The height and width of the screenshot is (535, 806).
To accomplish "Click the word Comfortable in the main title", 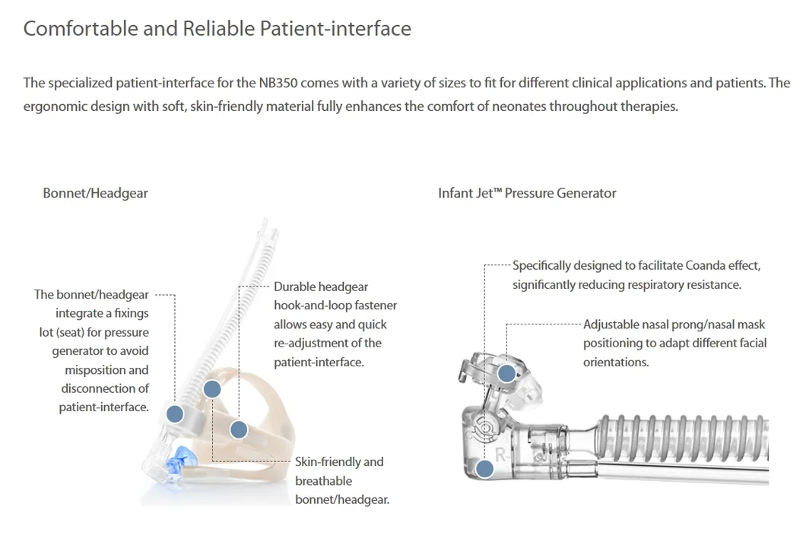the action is pos(81,28).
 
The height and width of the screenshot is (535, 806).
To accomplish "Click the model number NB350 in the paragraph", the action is pos(278,83).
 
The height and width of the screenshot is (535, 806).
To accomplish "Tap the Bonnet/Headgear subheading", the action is pos(95,193).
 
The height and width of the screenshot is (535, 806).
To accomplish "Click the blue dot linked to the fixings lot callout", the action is pos(175,413).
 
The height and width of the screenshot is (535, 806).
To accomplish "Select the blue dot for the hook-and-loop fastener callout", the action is pos(239,429).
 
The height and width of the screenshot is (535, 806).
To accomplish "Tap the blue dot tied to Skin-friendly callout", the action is pos(212,389).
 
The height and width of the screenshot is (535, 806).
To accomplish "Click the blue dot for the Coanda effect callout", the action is pos(484,468).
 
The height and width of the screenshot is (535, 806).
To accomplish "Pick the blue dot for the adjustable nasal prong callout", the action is pos(507,373).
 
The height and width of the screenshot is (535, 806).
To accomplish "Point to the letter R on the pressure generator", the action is pos(500,454).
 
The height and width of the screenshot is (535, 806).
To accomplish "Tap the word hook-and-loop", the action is pos(309,305).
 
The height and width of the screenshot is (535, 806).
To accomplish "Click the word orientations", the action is pos(616,362).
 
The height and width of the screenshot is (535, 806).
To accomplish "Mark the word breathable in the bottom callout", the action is pos(324,481).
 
